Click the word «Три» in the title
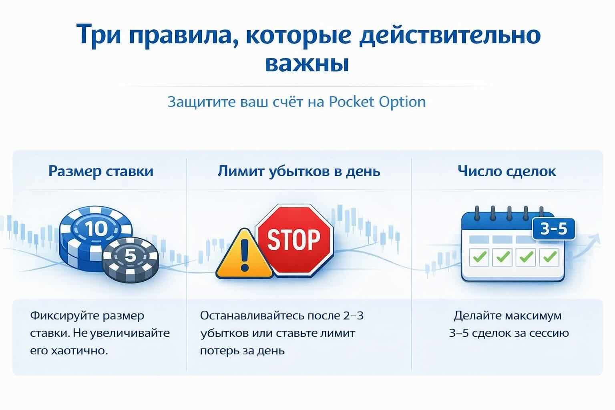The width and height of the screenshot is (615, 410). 98,34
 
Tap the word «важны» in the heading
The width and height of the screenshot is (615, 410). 307,63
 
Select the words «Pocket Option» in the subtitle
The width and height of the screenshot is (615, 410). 377,102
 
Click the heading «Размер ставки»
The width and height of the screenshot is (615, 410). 101,171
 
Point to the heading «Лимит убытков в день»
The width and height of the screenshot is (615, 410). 299,171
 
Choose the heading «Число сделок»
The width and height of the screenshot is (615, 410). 507,171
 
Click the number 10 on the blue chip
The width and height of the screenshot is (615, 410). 96,229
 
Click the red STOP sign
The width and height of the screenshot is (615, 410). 294,239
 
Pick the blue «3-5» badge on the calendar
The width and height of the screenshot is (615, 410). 553,229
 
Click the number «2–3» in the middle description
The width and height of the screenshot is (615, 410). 353,316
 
